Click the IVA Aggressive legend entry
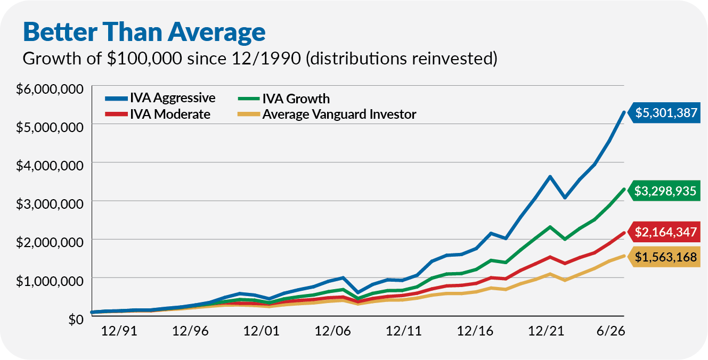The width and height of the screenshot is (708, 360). coord(160,98)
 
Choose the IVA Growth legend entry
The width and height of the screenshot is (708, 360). coord(284,99)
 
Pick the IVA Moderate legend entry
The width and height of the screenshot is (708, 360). coord(158,114)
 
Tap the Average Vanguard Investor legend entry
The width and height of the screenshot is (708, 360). coord(327,114)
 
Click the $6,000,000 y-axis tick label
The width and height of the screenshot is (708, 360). coord(50,89)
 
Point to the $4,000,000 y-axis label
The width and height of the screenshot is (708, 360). coord(50,166)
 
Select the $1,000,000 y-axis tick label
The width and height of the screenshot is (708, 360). coord(50,281)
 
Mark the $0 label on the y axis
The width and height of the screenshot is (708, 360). coord(76,320)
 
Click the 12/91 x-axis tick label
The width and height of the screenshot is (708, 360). coord(119,331)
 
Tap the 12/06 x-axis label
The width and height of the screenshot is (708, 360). coord(332,331)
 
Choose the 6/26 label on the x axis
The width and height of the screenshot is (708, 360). coord(611,331)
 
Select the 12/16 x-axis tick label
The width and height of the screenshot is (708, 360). coord(475,331)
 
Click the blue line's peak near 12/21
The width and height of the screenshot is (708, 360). coord(550,176)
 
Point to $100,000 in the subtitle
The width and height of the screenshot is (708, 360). coord(144,59)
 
